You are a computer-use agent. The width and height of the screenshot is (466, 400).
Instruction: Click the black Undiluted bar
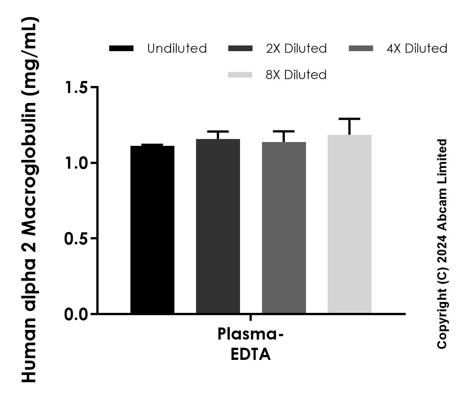click(x=152, y=229)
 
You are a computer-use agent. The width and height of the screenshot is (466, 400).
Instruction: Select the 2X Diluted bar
click(x=218, y=226)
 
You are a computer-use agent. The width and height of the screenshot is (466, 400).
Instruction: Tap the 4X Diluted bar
click(x=284, y=227)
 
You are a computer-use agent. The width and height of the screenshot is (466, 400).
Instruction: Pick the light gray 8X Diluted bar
click(x=350, y=224)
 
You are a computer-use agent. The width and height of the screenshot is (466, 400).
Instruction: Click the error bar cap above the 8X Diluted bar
click(x=350, y=119)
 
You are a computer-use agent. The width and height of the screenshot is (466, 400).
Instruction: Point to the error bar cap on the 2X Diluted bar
click(x=218, y=131)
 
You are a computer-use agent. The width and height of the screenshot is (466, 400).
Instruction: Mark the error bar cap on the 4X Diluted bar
click(x=284, y=131)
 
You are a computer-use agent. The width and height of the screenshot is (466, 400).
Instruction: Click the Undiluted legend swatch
click(x=121, y=48)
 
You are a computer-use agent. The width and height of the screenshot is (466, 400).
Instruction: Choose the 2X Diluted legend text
click(x=296, y=48)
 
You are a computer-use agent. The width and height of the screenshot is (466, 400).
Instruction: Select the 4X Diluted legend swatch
click(x=360, y=48)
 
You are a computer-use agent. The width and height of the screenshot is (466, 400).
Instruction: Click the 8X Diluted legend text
click(x=296, y=75)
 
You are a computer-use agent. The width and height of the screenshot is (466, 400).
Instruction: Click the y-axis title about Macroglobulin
click(x=30, y=200)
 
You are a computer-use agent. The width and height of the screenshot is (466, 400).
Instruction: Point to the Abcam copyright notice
click(x=442, y=244)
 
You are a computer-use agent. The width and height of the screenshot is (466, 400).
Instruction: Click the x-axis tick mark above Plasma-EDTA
click(x=251, y=317)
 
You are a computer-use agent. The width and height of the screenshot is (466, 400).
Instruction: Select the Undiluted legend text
click(x=177, y=48)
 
